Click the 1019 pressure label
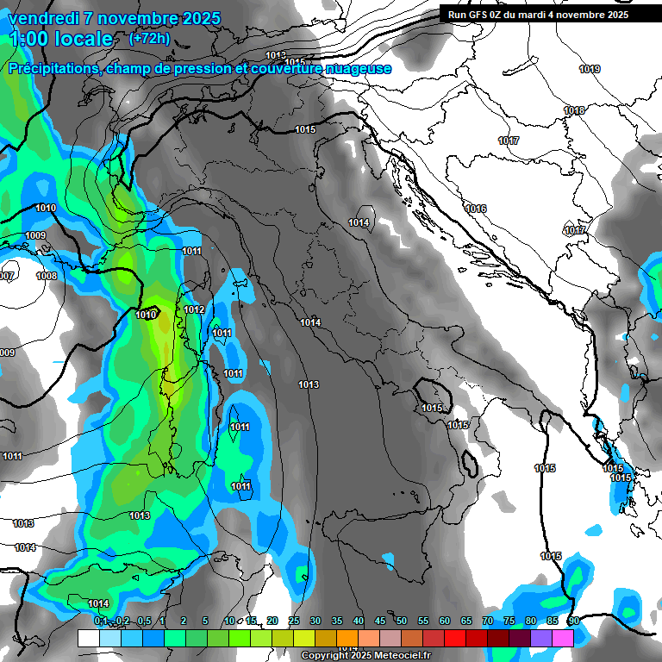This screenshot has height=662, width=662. coord(590,69)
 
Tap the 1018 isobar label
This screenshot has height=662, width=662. coord(574,110)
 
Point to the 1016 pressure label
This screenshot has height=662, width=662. coord(476,209)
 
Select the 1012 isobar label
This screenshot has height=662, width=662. coord(194,309)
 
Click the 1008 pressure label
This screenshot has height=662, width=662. coord(47,276)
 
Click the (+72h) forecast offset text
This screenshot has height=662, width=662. coord(148,38)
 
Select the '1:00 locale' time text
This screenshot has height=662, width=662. coord(60,39)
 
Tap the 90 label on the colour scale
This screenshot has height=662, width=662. coord(573,621)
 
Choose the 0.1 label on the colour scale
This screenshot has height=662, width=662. coord(101,621)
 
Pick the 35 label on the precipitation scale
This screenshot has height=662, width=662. coord(337,621)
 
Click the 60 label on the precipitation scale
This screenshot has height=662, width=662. coord(445,621)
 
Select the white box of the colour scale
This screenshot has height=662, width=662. coord(88,638)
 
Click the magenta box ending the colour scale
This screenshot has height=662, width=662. coord(563,638)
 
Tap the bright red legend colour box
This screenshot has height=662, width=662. coord(455,638)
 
